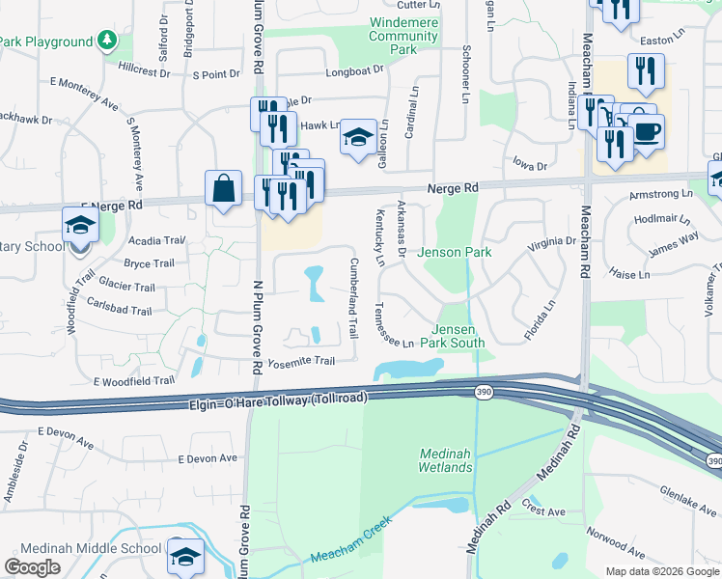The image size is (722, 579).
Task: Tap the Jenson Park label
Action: [x=455, y=253]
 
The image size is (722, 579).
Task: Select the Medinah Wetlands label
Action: [x=446, y=461]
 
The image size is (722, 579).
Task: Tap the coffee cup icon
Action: [x=646, y=129]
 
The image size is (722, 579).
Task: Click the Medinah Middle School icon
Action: [x=186, y=557]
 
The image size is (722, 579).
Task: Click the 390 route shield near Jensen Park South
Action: [x=483, y=392]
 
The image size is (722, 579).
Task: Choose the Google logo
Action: [x=33, y=566]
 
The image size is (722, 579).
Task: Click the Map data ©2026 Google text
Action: [x=661, y=571]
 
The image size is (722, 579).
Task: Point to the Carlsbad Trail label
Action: [x=119, y=312]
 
